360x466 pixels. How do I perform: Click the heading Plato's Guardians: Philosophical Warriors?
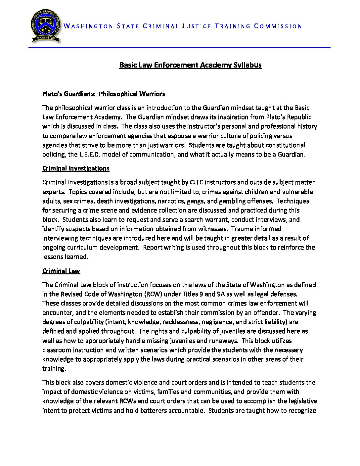[104, 94]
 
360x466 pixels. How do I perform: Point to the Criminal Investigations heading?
[76, 168]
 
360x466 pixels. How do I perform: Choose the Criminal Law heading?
[61, 271]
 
